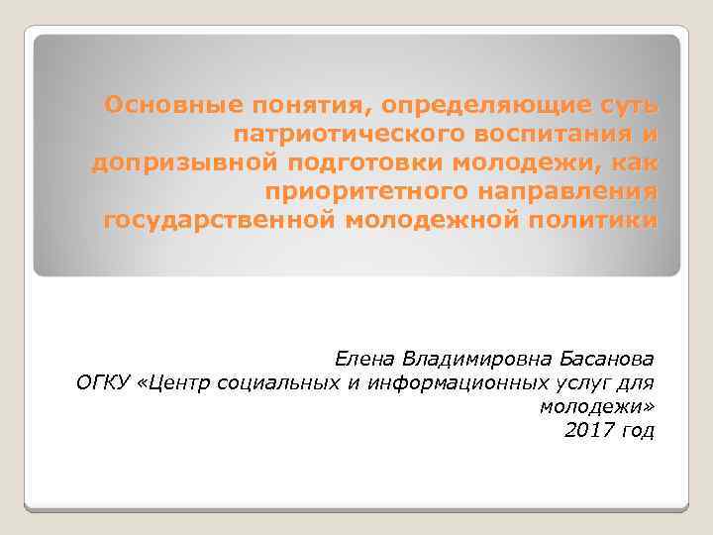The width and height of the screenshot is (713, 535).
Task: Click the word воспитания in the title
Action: tap(565, 134)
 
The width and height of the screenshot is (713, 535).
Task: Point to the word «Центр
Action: tap(185, 382)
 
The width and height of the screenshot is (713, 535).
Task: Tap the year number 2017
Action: tap(588, 430)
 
